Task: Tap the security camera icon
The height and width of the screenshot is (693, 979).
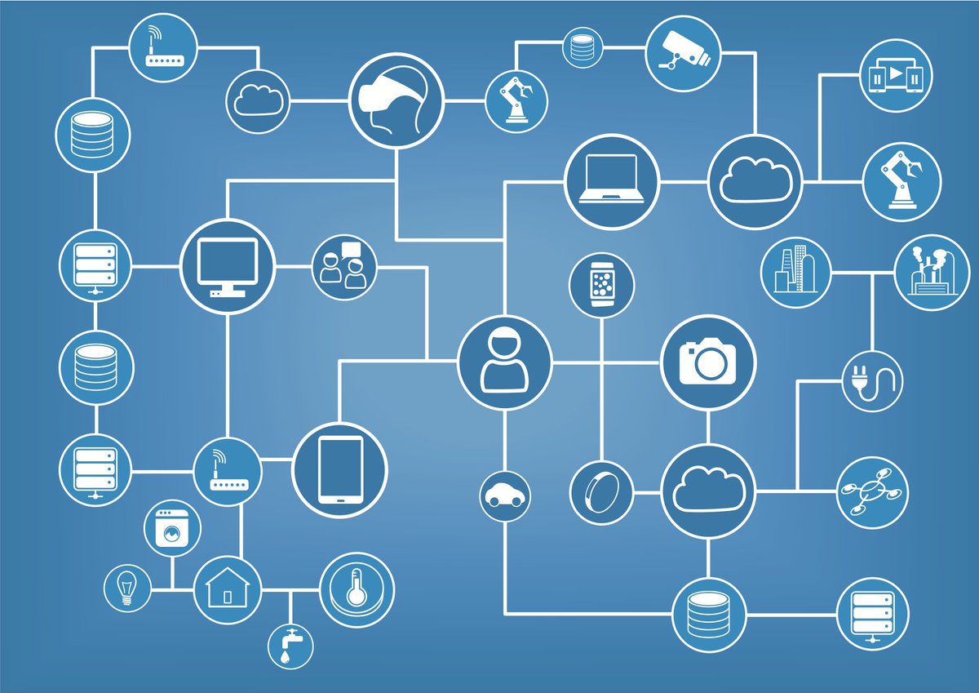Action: (684, 51)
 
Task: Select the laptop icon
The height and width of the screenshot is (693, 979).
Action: (612, 181)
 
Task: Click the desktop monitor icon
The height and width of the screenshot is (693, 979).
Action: (228, 267)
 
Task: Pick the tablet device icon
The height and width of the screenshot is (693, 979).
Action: (339, 470)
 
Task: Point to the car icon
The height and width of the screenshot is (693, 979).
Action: (504, 495)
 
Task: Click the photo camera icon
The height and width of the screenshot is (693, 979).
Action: (707, 360)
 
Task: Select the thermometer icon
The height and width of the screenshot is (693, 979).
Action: (357, 589)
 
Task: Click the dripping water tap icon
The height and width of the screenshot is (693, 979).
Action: (290, 645)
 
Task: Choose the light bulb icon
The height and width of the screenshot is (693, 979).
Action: (127, 587)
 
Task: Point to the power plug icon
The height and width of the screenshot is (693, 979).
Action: (872, 380)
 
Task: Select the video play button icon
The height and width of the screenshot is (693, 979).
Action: (896, 76)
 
